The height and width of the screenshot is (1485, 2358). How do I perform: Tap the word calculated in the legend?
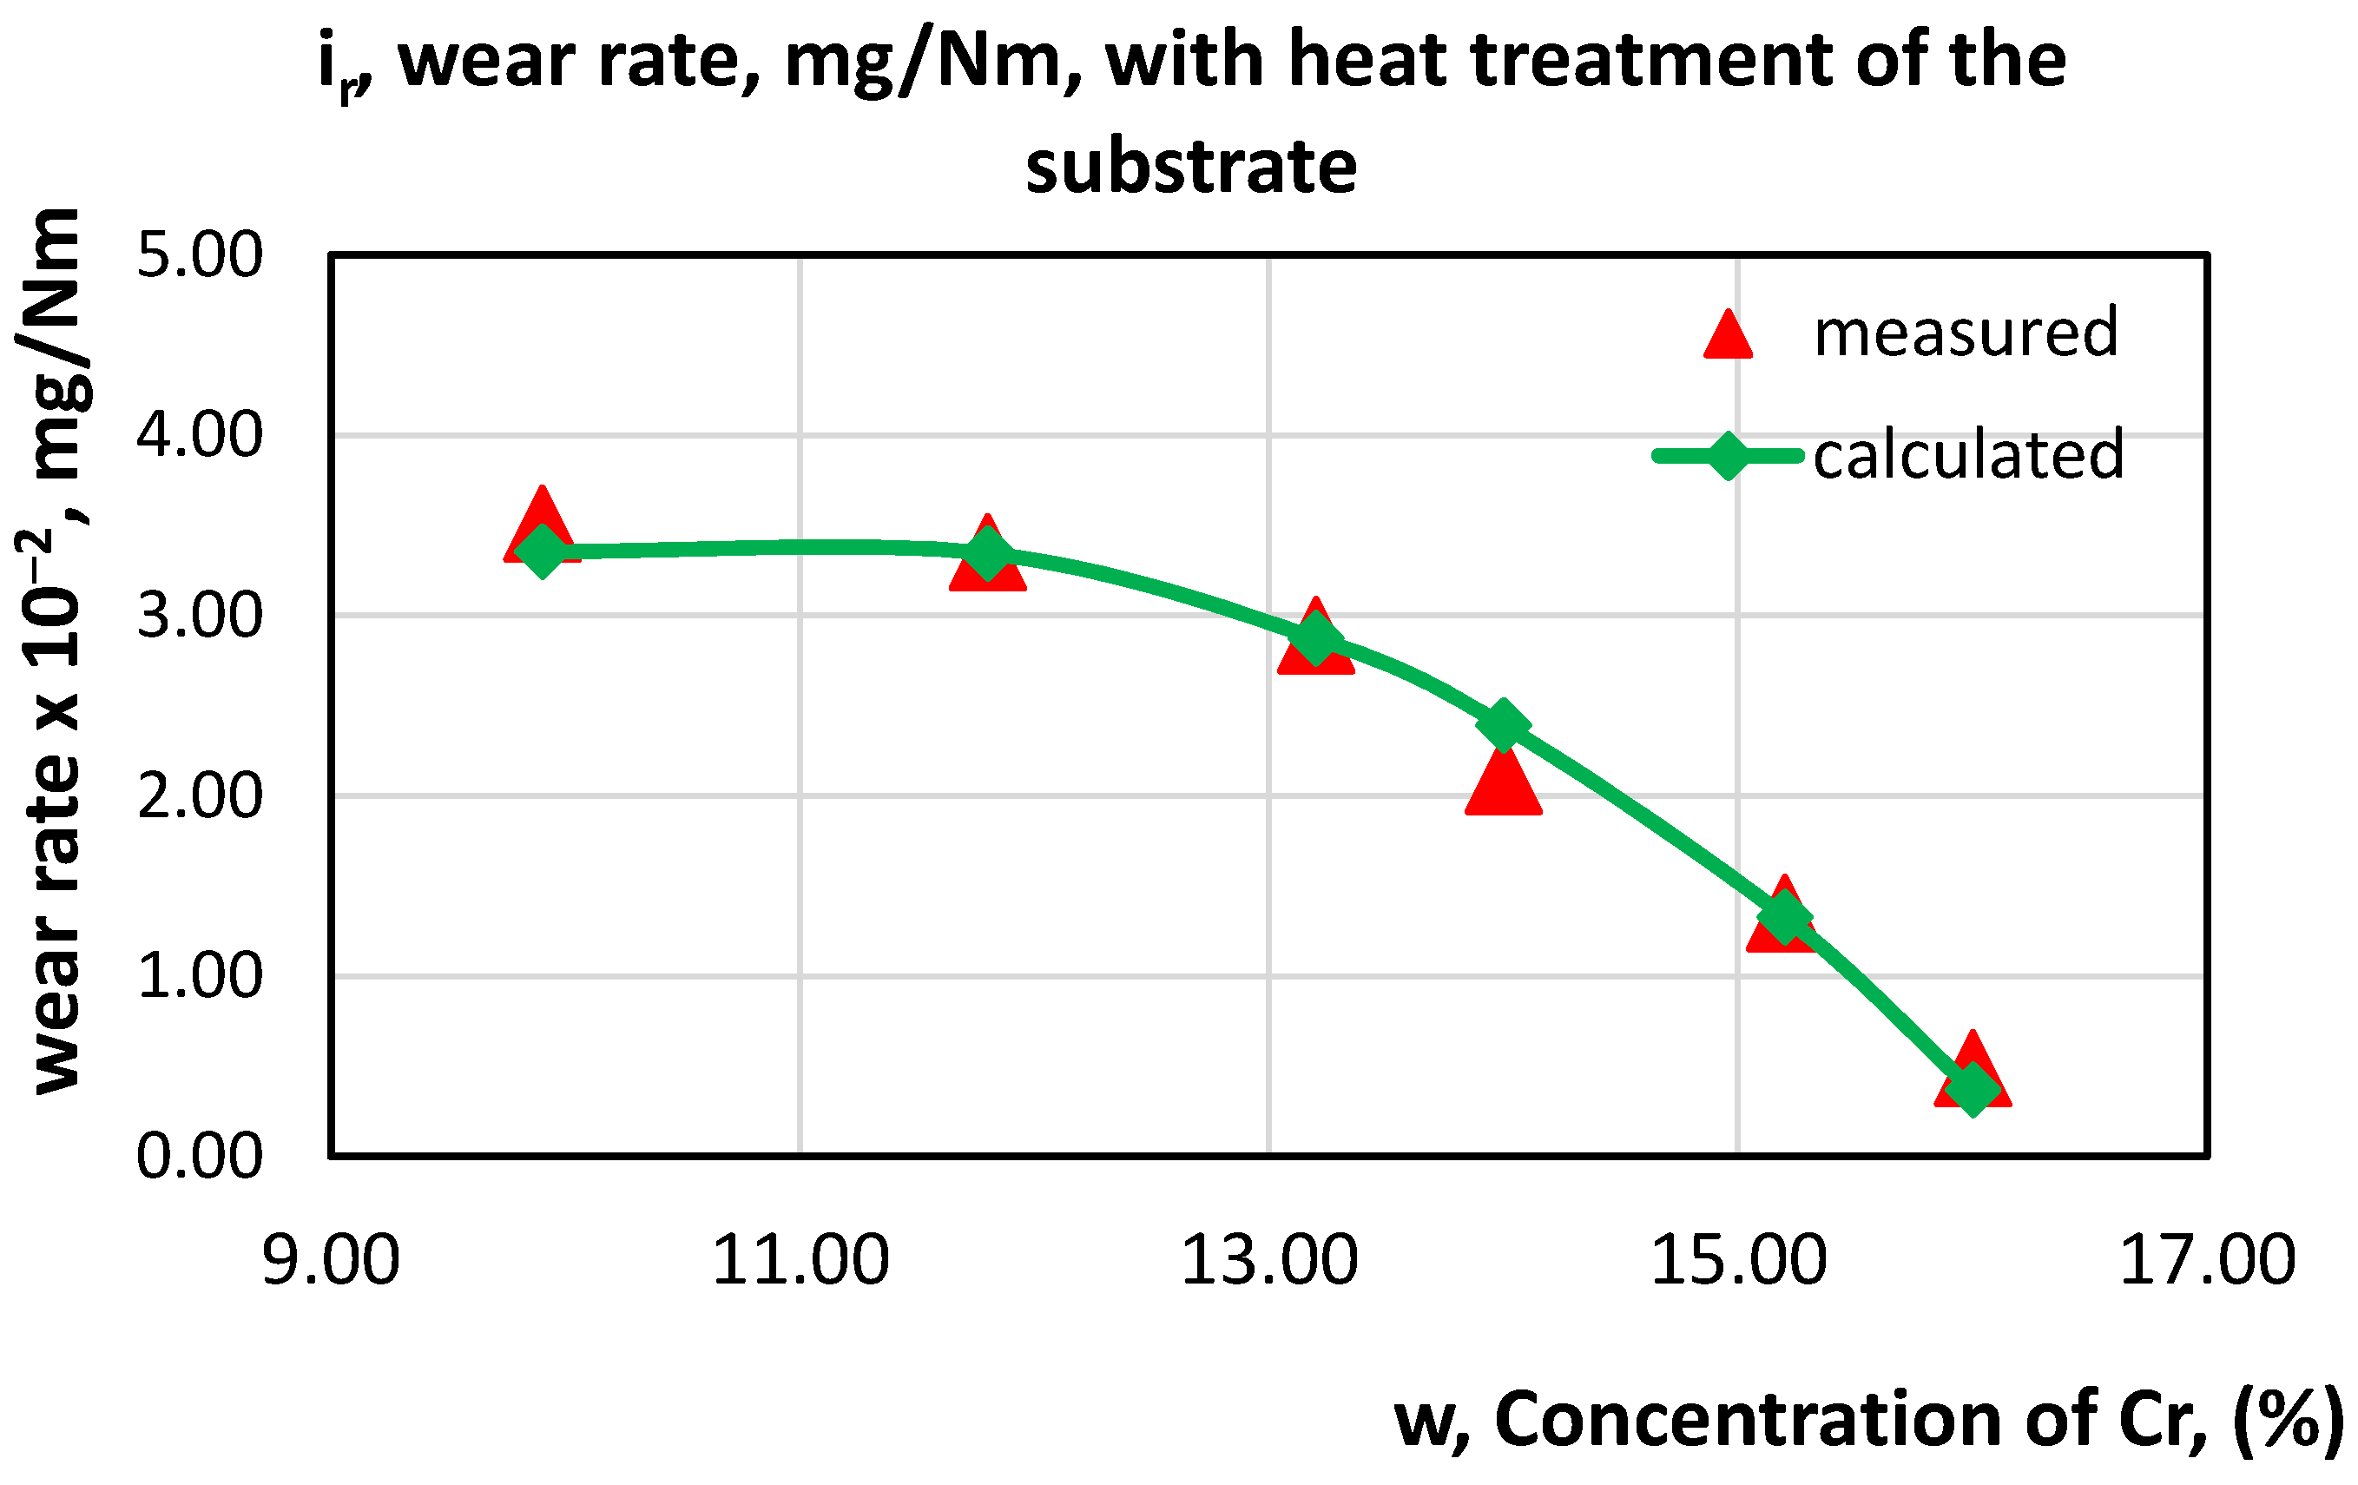(x=1968, y=456)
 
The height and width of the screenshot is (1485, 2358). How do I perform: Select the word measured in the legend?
(x=1966, y=333)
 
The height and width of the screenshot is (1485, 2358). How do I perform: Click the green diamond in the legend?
(x=1728, y=456)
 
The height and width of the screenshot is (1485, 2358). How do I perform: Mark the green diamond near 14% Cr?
(x=1503, y=724)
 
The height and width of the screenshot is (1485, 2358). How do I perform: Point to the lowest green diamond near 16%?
(x=1973, y=1088)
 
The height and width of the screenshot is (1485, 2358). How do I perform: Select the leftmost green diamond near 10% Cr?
(x=542, y=551)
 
